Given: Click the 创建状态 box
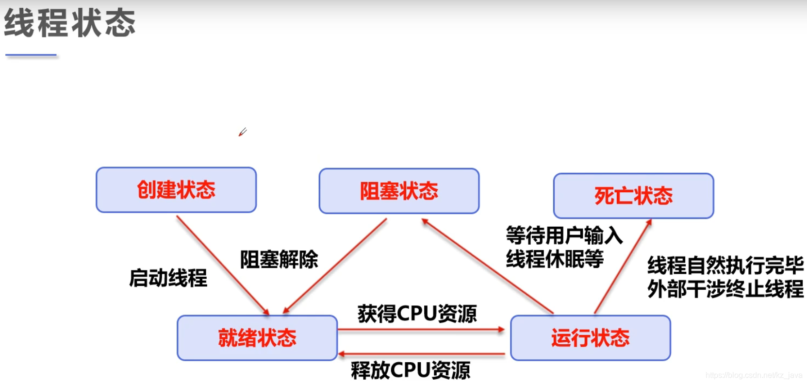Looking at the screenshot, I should (x=176, y=190).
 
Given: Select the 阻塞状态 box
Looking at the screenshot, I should (x=399, y=191).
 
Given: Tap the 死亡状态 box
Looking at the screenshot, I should (x=633, y=196).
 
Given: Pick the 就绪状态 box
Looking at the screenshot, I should (x=257, y=338).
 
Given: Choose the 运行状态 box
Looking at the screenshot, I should (x=590, y=338).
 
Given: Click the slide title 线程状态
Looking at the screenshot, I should (x=70, y=23).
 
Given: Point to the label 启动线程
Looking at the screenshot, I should (x=168, y=278).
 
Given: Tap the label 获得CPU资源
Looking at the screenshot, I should (x=417, y=314).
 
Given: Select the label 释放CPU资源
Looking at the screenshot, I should (x=411, y=370).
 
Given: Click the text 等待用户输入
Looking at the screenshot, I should (x=564, y=236).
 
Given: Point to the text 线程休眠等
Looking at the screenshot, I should (x=555, y=259).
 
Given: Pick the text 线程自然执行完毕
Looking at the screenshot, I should (x=725, y=266).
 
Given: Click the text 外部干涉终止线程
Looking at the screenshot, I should (x=725, y=289).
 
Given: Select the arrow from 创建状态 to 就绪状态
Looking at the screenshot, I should (x=222, y=265).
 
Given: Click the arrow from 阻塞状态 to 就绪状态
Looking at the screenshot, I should (x=335, y=266).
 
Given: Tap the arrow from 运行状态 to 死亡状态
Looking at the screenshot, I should (x=623, y=267).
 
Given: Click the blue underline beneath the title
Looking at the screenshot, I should (x=31, y=55).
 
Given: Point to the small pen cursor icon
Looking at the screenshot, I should (x=243, y=132).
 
